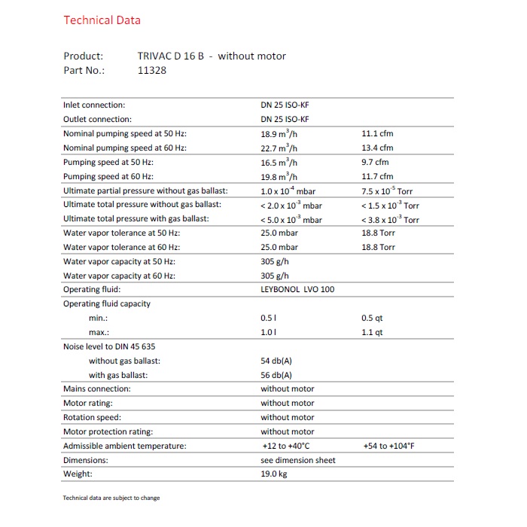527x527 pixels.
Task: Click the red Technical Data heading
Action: (102, 20)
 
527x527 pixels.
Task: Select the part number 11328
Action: (152, 70)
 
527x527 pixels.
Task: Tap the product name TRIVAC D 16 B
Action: (171, 56)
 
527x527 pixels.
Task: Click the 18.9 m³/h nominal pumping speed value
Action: (279, 133)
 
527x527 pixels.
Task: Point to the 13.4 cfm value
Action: (377, 148)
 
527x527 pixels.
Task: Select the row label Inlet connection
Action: (94, 105)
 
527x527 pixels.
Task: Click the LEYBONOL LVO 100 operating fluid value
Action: (297, 289)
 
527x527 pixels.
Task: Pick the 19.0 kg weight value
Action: (274, 474)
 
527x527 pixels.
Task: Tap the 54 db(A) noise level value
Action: (276, 361)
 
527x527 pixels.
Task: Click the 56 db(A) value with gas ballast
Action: (276, 375)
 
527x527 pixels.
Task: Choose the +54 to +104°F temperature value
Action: (388, 446)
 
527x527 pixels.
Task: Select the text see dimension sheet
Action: (298, 460)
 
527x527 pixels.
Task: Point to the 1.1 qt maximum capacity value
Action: (372, 332)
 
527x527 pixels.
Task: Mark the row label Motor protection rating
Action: (108, 431)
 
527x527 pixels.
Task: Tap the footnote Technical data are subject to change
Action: (111, 498)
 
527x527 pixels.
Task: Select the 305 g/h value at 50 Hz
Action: (275, 261)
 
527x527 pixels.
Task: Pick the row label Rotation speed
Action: (92, 417)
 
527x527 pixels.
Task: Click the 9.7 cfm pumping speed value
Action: (375, 162)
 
